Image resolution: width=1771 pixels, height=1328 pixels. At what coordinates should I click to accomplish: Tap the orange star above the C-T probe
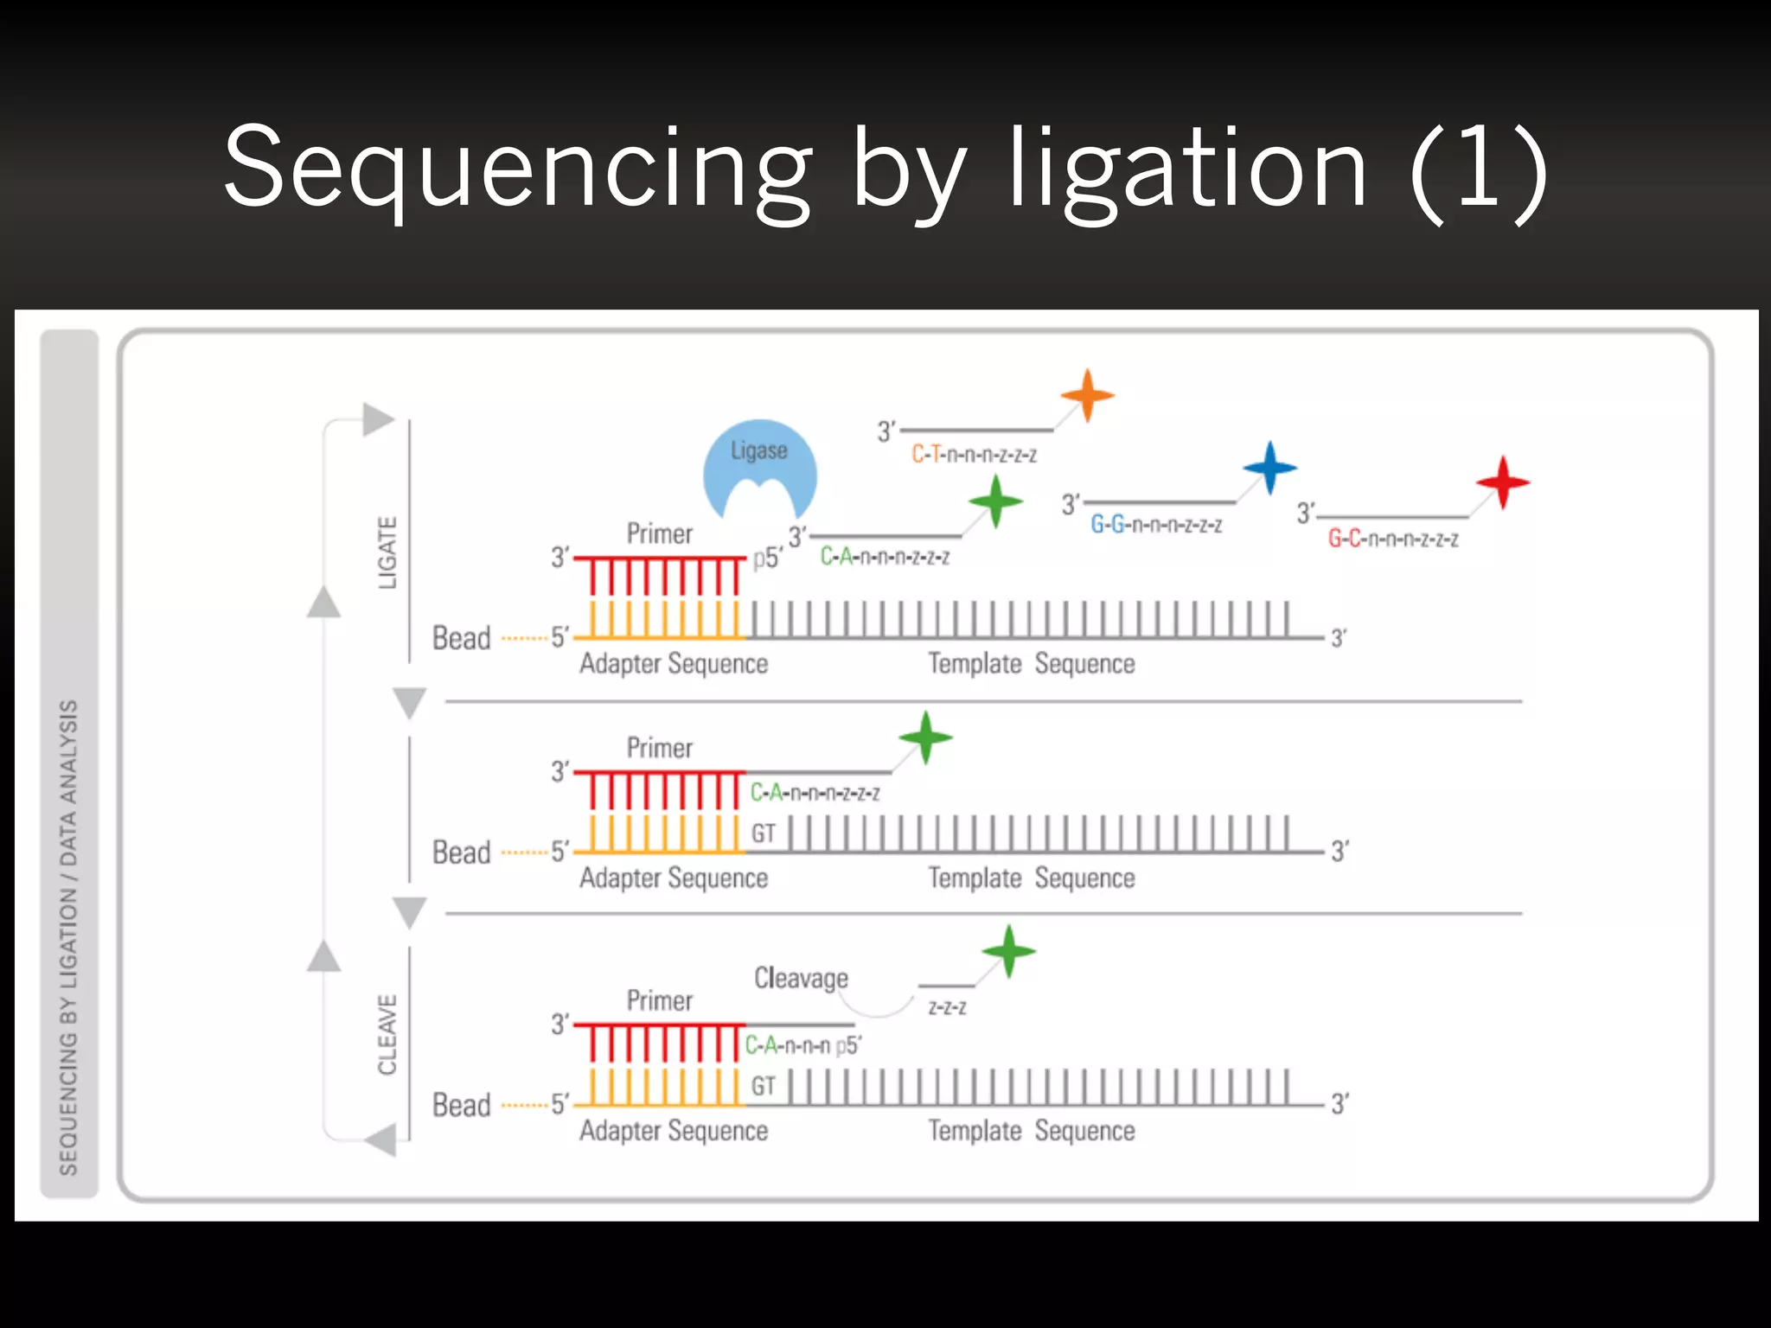(1087, 395)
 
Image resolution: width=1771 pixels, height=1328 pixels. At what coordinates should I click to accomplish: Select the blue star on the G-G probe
(1269, 468)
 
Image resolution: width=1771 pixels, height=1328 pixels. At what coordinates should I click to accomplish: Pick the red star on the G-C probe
(1503, 482)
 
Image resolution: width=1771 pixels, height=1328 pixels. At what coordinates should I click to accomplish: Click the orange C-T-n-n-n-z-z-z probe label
(974, 455)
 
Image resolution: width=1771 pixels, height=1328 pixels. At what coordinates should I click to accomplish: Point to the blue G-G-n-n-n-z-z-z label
(1156, 525)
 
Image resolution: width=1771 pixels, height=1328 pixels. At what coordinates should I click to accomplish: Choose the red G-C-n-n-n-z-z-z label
(1393, 539)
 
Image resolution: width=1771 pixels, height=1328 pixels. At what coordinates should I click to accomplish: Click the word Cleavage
(801, 978)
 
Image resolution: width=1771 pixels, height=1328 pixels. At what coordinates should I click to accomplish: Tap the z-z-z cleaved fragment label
(947, 1007)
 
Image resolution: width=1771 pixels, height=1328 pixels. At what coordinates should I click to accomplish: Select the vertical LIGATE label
(387, 552)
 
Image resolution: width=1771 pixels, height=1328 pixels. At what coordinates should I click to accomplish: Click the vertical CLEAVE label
(387, 1034)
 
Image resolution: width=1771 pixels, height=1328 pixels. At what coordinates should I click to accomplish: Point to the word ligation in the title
(1187, 168)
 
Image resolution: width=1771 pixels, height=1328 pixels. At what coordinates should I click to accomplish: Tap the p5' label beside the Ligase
(767, 559)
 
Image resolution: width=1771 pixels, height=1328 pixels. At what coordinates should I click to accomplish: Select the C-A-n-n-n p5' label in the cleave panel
(802, 1045)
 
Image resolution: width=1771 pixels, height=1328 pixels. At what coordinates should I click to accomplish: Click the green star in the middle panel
(925, 737)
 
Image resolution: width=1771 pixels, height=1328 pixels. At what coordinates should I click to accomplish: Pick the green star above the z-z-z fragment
(1008, 951)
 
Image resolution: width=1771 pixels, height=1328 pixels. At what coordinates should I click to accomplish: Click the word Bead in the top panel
(461, 638)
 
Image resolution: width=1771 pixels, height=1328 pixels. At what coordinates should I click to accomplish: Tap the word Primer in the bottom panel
(659, 1000)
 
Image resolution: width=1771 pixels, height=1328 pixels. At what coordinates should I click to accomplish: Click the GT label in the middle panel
(763, 833)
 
